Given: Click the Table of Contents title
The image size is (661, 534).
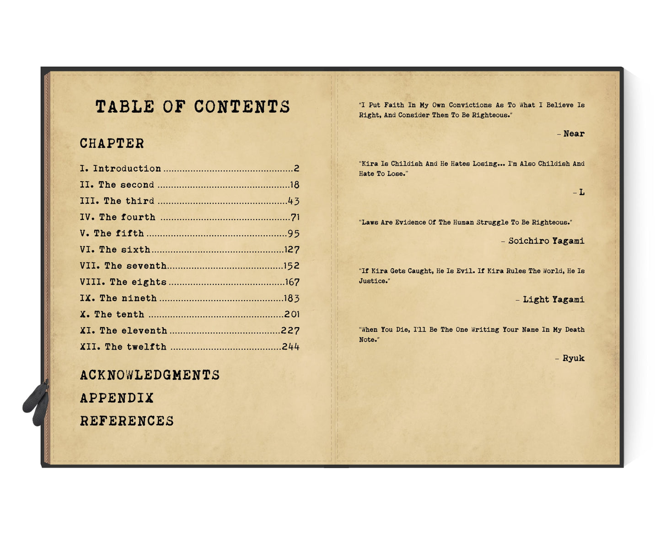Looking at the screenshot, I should (x=193, y=107).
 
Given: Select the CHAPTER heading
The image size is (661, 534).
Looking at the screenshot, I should (x=112, y=143).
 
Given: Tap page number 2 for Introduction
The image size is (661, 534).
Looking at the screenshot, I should (x=296, y=168).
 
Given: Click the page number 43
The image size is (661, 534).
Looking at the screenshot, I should (x=293, y=201).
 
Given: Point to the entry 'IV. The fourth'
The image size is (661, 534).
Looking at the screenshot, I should (x=118, y=217).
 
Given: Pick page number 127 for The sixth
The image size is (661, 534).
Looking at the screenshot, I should (x=291, y=250).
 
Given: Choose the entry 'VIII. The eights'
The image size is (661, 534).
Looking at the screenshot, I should (x=123, y=282).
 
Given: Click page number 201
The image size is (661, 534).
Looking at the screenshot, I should (x=291, y=314).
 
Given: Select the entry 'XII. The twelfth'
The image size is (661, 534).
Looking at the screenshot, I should (x=123, y=347).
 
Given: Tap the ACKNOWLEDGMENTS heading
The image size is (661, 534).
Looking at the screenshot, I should (x=150, y=375).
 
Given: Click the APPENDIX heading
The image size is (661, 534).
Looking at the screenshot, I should (x=117, y=398).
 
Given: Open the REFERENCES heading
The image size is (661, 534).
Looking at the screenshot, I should (x=127, y=421).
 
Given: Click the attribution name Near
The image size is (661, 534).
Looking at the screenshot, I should (x=574, y=134).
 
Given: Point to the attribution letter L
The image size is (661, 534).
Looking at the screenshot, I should (x=581, y=192).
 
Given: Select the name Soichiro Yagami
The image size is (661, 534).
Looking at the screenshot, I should (x=546, y=241).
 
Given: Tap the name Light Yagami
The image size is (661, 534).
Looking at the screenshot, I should (x=554, y=300).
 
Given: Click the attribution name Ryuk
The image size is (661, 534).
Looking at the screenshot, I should (x=573, y=358).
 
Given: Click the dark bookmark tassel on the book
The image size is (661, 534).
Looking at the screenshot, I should (x=37, y=403).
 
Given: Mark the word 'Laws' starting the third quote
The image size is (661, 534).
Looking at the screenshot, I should (x=370, y=222).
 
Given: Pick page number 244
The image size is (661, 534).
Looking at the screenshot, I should (x=290, y=347).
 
